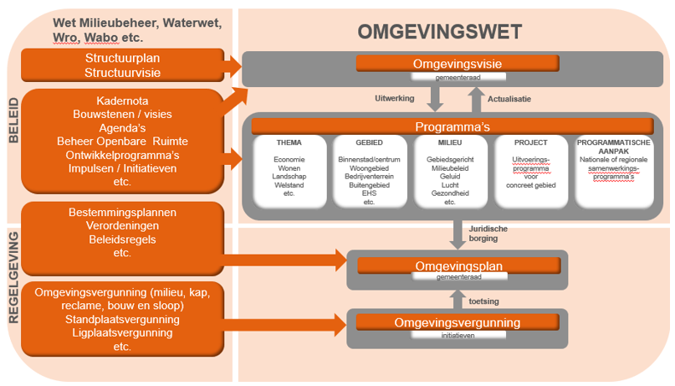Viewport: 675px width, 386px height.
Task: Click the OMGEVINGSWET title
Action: (x=440, y=32)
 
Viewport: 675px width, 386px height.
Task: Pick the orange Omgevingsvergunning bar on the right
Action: (x=457, y=322)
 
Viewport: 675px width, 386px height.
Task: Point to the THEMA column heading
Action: (x=289, y=143)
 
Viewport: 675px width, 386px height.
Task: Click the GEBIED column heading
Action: (x=368, y=143)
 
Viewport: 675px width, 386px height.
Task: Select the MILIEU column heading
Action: (x=449, y=143)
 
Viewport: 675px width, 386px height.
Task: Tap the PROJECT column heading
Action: (x=531, y=143)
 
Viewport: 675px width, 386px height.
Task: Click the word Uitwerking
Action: (x=394, y=98)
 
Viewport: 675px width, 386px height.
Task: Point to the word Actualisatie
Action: (x=508, y=98)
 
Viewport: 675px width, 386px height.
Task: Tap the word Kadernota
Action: (x=123, y=100)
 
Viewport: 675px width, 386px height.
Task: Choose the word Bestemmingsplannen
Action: (x=122, y=213)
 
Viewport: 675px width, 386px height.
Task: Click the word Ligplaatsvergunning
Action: (x=122, y=332)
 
